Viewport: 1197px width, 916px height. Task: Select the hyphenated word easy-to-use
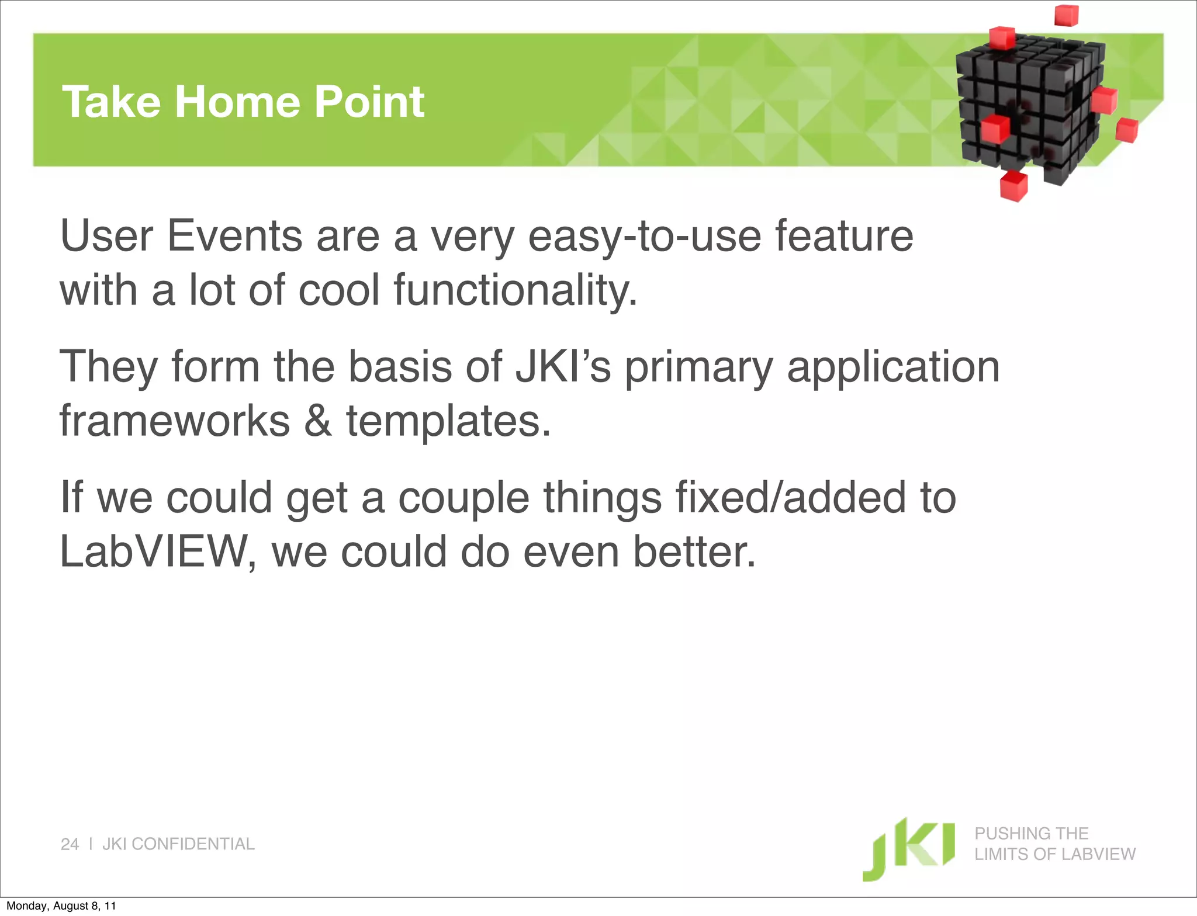pyautogui.click(x=644, y=237)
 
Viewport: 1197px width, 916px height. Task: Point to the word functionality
pyautogui.click(x=514, y=290)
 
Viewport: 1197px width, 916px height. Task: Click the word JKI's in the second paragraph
pyautogui.click(x=562, y=367)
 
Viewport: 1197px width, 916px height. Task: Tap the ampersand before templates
pyautogui.click(x=318, y=421)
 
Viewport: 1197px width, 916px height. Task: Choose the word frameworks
pyautogui.click(x=175, y=421)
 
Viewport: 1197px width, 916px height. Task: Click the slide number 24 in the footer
pyautogui.click(x=70, y=844)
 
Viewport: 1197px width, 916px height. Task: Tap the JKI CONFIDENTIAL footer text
pyautogui.click(x=178, y=844)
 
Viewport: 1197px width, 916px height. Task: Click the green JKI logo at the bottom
pyautogui.click(x=909, y=848)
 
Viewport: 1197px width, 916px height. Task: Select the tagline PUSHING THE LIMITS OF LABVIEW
pyautogui.click(x=1054, y=844)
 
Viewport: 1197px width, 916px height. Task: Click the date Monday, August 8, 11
pyautogui.click(x=61, y=906)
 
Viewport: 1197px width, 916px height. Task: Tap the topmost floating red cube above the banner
pyautogui.click(x=1066, y=15)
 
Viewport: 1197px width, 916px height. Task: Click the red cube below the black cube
pyautogui.click(x=1013, y=186)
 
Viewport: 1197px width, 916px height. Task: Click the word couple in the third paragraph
pyautogui.click(x=463, y=498)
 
